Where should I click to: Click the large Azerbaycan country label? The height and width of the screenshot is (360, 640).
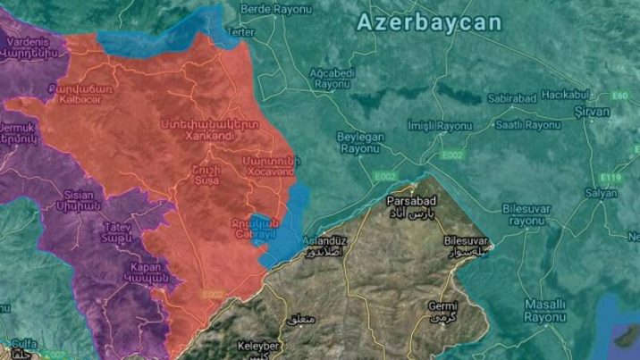point(429,22)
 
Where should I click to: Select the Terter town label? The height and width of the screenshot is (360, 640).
point(242,31)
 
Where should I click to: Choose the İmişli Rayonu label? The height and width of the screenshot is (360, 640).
point(439,126)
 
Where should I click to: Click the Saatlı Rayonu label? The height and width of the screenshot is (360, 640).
point(527,125)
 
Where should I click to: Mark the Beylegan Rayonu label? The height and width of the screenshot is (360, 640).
point(361,142)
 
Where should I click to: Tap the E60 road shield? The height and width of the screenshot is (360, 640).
point(621,95)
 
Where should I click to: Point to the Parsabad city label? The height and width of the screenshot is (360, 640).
point(414,203)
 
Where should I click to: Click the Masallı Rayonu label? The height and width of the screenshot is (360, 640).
point(545,310)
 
